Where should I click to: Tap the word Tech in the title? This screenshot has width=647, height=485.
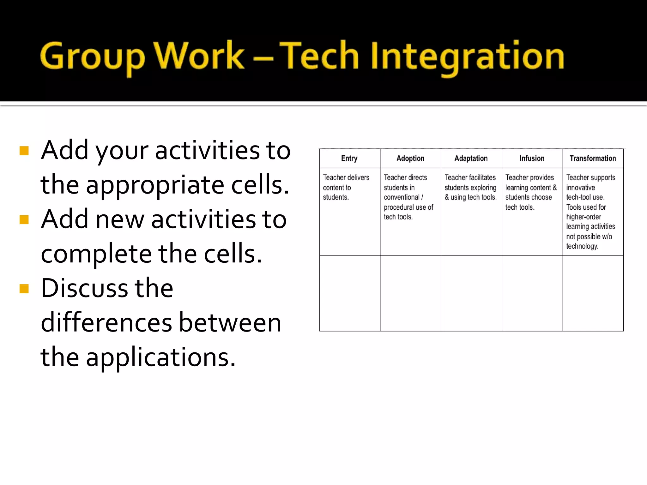(319, 56)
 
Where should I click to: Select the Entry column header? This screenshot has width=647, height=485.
(349, 158)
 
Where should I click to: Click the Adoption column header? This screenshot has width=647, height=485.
(410, 158)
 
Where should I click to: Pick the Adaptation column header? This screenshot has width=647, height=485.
(471, 158)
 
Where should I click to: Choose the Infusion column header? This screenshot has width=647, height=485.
(532, 158)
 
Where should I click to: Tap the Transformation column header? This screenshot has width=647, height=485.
(593, 158)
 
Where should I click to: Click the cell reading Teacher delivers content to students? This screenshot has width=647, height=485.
(346, 187)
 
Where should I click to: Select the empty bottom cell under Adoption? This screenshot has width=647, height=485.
(410, 293)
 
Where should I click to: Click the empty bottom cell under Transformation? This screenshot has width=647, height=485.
(593, 293)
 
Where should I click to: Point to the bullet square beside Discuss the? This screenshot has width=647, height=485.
(24, 289)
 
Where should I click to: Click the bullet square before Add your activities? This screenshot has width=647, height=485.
(24, 151)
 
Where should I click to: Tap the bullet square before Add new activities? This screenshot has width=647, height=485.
(24, 219)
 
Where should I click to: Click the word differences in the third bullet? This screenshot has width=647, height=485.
(106, 323)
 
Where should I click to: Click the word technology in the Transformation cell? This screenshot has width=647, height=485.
(582, 246)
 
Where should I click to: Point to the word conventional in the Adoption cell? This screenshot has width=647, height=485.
(402, 197)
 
